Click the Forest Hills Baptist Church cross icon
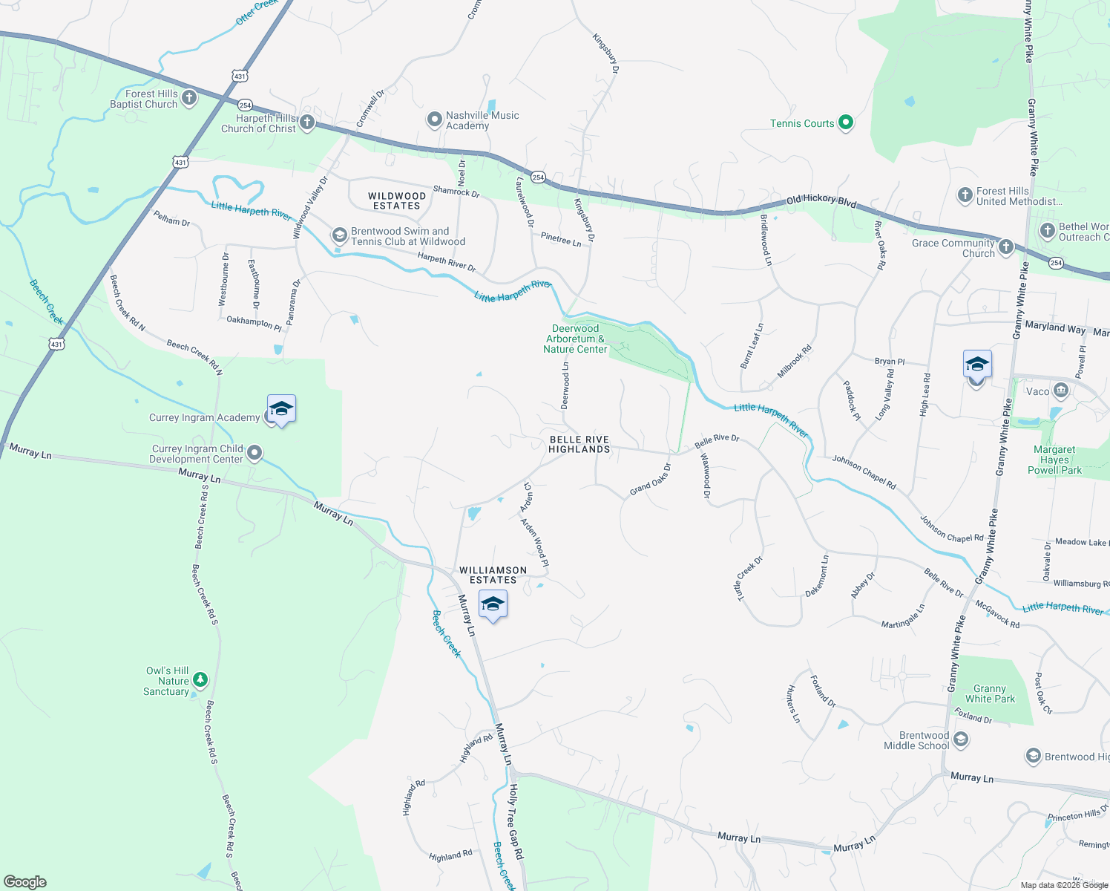pyautogui.click(x=189, y=98)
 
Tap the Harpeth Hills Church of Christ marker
pyautogui.click(x=307, y=123)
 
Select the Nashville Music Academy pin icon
pyautogui.click(x=434, y=120)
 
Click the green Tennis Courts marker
pyautogui.click(x=845, y=123)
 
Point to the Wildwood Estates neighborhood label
pyautogui.click(x=397, y=200)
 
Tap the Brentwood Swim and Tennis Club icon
pyautogui.click(x=339, y=236)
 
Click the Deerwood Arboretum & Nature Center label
pyautogui.click(x=575, y=339)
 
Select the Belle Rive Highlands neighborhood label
pyautogui.click(x=579, y=444)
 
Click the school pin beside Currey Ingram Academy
pyautogui.click(x=281, y=410)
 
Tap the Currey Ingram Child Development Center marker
pyautogui.click(x=254, y=453)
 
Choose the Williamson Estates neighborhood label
pyautogui.click(x=493, y=575)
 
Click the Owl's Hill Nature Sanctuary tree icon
pyautogui.click(x=200, y=679)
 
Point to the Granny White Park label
pyautogui.click(x=990, y=693)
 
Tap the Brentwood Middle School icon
pyautogui.click(x=960, y=740)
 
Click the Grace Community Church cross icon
pyautogui.click(x=1005, y=247)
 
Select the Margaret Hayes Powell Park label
pyautogui.click(x=1054, y=460)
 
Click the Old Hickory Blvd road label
pyautogui.click(x=821, y=200)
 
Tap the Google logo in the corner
pyautogui.click(x=24, y=881)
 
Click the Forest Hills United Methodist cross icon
pyautogui.click(x=965, y=195)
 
